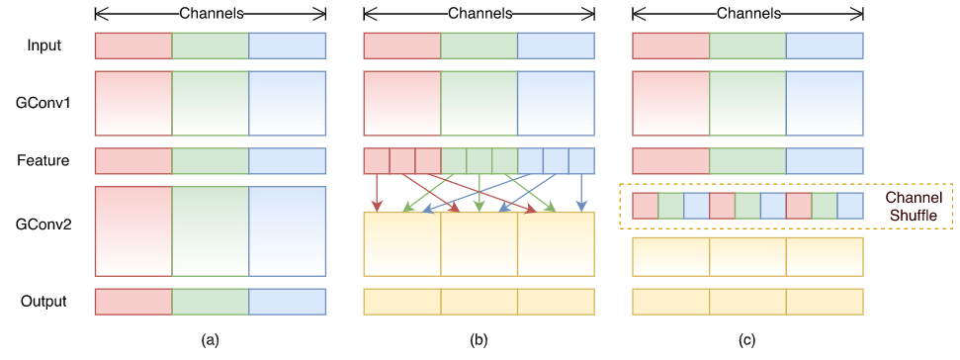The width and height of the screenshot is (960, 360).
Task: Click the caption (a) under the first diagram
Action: pyautogui.click(x=210, y=340)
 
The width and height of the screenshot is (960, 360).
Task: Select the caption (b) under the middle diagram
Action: pyautogui.click(x=479, y=340)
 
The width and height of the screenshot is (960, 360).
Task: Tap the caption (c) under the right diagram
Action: pyautogui.click(x=747, y=340)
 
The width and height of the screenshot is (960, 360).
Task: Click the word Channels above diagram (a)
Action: pyautogui.click(x=210, y=14)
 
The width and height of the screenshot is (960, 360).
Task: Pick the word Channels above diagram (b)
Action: pyautogui.click(x=479, y=14)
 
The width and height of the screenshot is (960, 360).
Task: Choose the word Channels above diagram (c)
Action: pyautogui.click(x=747, y=14)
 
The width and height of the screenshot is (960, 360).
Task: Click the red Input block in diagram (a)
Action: pyautogui.click(x=133, y=45)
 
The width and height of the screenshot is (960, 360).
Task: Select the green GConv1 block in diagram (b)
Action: pyautogui.click(x=479, y=102)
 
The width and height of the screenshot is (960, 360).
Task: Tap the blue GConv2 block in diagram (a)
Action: pyautogui.click(x=287, y=230)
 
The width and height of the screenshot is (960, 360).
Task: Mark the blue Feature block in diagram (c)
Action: pyautogui.click(x=825, y=160)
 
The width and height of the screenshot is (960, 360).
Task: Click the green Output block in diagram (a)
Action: pyautogui.click(x=210, y=301)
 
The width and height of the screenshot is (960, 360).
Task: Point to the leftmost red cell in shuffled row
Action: pyautogui.click(x=645, y=206)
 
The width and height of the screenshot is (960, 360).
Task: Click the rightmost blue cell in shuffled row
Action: pyautogui.click(x=851, y=206)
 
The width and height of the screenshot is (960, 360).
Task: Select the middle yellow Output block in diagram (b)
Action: pyautogui.click(x=479, y=301)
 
